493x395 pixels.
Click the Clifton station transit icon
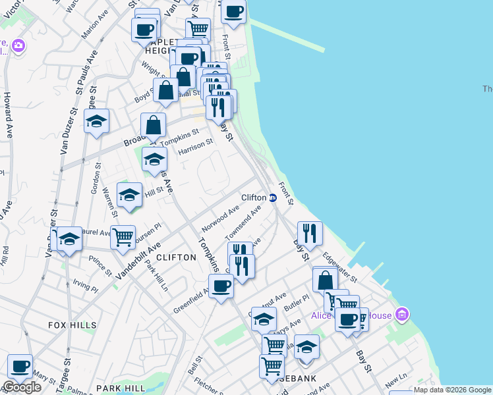coord(272,197)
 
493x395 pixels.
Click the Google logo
coord(22,388)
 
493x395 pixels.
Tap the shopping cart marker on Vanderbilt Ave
coord(123,237)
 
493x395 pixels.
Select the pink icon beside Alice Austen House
coord(403,315)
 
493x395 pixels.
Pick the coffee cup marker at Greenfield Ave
coord(221,286)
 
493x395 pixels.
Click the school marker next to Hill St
coord(129,194)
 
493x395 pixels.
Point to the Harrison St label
coord(196,147)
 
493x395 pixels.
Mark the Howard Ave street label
coord(8,105)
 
